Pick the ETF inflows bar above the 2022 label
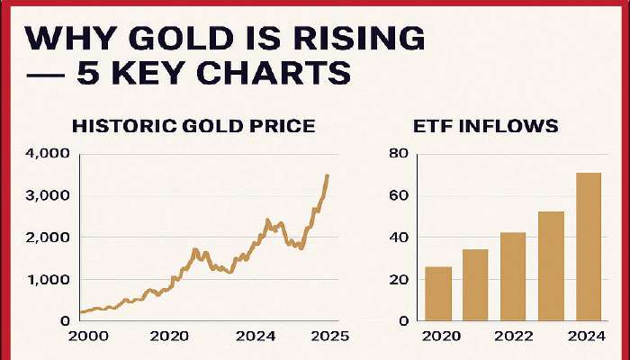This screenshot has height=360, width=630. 514,276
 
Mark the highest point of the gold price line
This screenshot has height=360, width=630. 327,175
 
